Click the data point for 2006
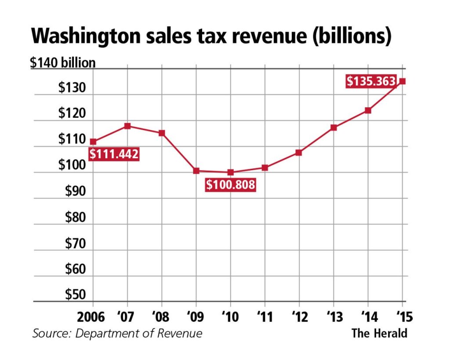click(93, 142)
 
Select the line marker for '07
click(127, 126)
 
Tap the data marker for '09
click(196, 171)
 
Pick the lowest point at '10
click(230, 172)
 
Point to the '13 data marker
click(334, 127)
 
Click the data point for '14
click(368, 110)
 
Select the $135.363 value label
click(371, 82)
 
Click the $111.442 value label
click(114, 154)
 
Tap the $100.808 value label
click(230, 185)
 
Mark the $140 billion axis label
click(62, 63)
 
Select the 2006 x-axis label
click(92, 317)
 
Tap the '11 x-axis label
click(264, 317)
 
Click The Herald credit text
click(379, 333)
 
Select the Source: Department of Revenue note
click(117, 333)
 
